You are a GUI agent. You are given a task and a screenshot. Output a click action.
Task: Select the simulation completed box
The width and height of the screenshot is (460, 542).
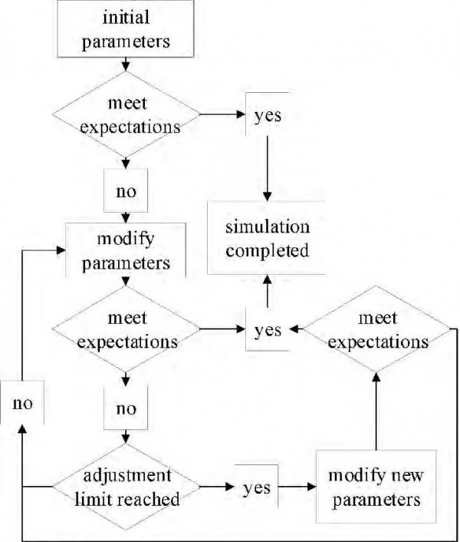point(268,239)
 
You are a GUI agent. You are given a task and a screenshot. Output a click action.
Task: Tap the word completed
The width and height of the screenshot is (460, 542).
point(268,250)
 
